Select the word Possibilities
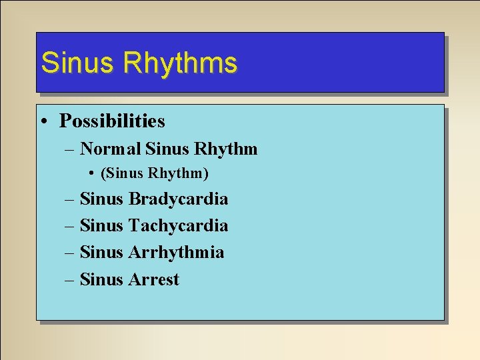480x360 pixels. (x=112, y=121)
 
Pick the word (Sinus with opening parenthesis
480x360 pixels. (x=122, y=174)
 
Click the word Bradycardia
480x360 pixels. (x=178, y=199)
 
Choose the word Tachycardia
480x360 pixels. (x=178, y=226)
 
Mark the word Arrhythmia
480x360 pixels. (x=176, y=253)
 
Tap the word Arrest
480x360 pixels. (x=154, y=279)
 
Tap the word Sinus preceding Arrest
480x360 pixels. (x=101, y=279)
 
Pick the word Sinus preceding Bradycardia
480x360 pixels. (x=101, y=199)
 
